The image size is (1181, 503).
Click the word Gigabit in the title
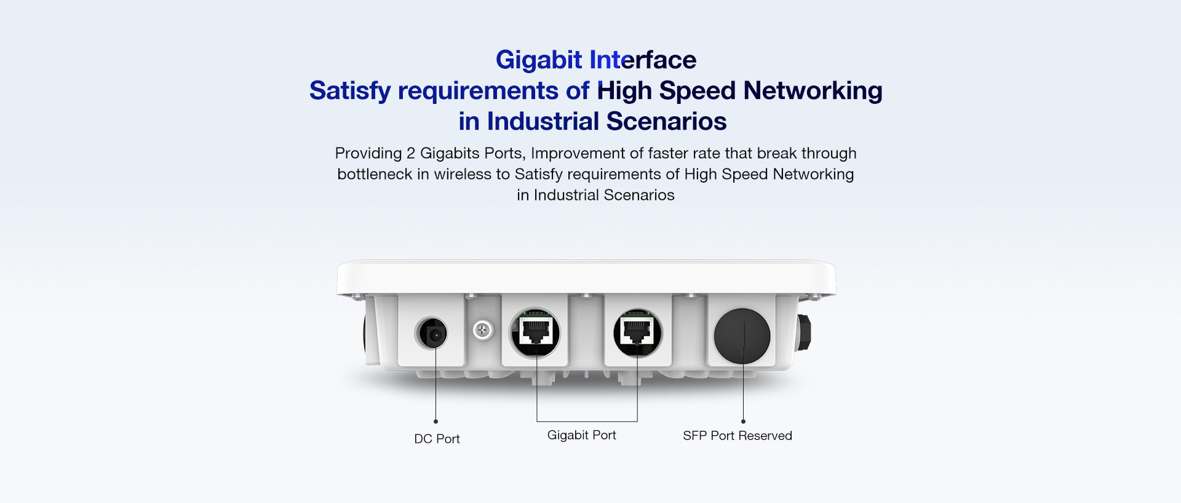pyautogui.click(x=539, y=60)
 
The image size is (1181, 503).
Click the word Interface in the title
pyautogui.click(x=643, y=60)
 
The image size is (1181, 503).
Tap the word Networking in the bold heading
pyautogui.click(x=813, y=91)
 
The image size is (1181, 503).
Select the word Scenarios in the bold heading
pyautogui.click(x=667, y=121)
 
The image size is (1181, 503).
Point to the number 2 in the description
pyautogui.click(x=411, y=153)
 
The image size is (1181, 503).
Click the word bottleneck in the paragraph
pyautogui.click(x=375, y=174)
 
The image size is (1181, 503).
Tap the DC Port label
pyautogui.click(x=437, y=438)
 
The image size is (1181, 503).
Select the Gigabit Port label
pyautogui.click(x=581, y=435)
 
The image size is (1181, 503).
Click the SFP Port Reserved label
pyautogui.click(x=738, y=435)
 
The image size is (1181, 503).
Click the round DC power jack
pyautogui.click(x=431, y=334)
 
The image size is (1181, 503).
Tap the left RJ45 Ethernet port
pyautogui.click(x=535, y=333)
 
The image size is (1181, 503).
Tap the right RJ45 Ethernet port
pyautogui.click(x=638, y=333)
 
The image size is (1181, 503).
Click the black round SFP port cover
pyautogui.click(x=742, y=336)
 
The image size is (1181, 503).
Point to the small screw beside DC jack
pyautogui.click(x=483, y=331)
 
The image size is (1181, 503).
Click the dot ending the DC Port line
pyautogui.click(x=435, y=421)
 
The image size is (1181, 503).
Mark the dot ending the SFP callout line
pyautogui.click(x=743, y=421)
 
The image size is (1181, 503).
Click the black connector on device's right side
pyautogui.click(x=803, y=333)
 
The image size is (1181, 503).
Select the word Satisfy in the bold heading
pyautogui.click(x=349, y=91)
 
